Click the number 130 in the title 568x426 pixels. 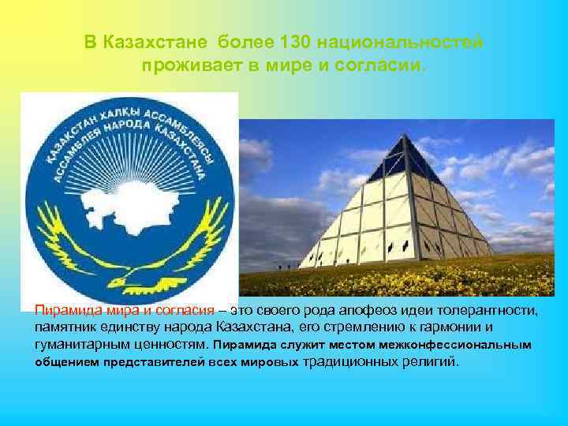278,41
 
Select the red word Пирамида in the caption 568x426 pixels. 66,311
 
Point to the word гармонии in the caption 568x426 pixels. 452,327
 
